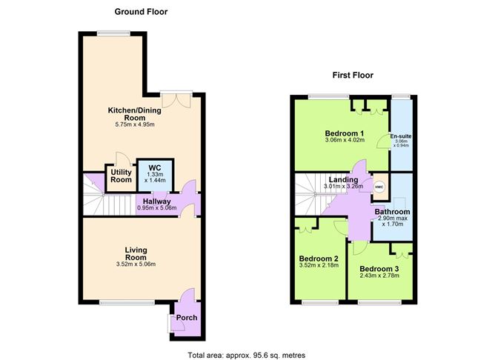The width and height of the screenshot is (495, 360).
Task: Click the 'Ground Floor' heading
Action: [140, 11]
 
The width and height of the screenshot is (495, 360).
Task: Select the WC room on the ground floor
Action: [155, 173]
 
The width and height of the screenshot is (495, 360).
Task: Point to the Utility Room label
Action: [121, 176]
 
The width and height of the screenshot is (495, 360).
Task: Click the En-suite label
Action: [401, 137]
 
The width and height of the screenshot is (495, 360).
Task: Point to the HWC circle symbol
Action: [379, 187]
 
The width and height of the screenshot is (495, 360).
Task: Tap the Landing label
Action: [345, 180]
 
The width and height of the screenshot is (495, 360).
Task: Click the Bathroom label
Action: [393, 212]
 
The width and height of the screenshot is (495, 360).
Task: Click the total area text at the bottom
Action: [247, 354]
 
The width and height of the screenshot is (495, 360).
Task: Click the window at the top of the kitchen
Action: [113, 33]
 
